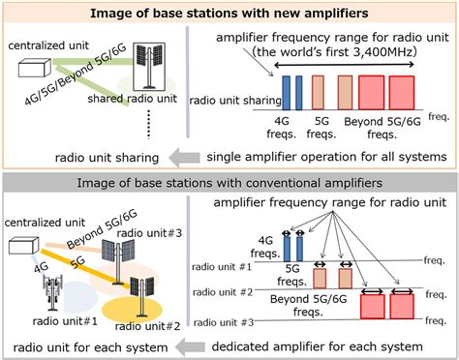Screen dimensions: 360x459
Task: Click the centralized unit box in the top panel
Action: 35,67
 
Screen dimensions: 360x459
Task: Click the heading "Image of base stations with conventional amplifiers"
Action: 229,182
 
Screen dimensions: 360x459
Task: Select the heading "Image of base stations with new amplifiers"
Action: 229,14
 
